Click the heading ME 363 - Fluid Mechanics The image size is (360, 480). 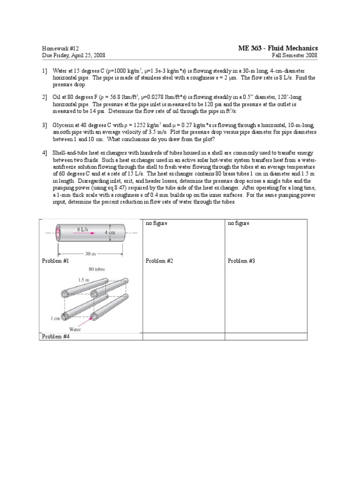(278, 48)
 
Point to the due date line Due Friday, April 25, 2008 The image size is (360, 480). (74, 55)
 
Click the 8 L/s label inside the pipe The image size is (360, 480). (85, 229)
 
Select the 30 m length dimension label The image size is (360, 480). (90, 254)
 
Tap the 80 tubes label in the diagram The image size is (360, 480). (97, 269)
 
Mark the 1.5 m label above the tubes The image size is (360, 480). (83, 279)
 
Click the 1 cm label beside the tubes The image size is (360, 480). (55, 318)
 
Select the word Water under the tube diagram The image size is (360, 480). (75, 330)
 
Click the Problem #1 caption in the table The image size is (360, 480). (56, 261)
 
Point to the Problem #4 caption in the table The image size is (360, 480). (56, 336)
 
